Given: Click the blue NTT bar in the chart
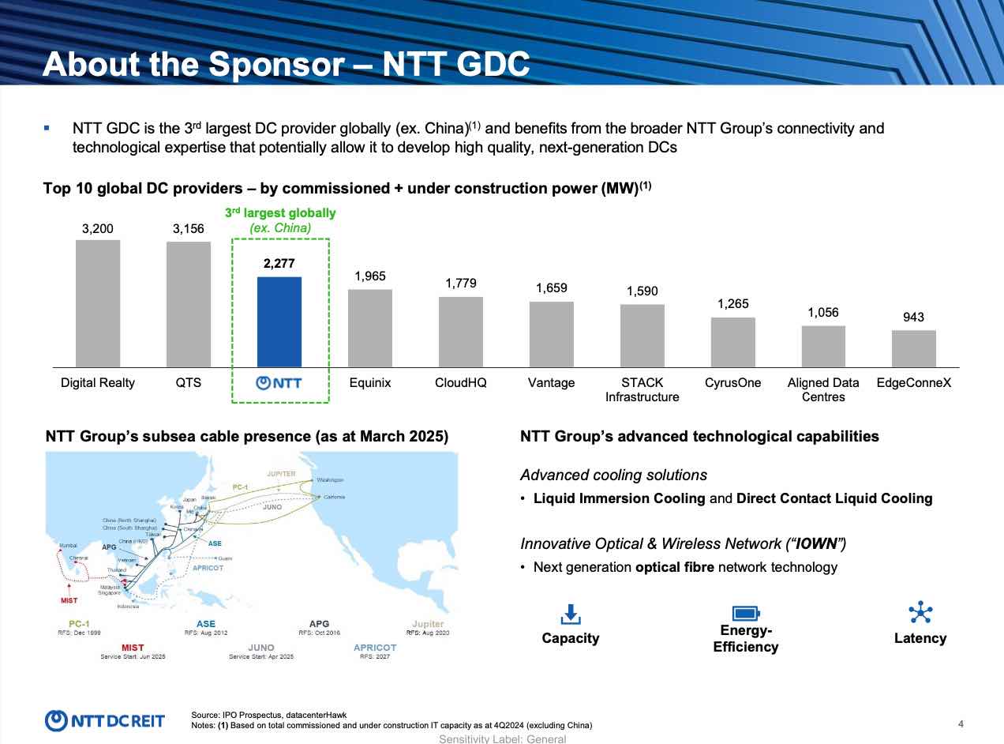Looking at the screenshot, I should tap(279, 321).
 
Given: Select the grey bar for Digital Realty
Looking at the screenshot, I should tap(98, 303).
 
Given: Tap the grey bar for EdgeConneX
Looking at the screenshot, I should tap(914, 348).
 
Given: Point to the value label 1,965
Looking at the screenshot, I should tap(370, 276).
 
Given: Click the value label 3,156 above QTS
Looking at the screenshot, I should tap(188, 229).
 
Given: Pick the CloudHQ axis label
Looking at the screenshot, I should tap(461, 383).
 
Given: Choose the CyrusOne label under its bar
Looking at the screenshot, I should tap(732, 383).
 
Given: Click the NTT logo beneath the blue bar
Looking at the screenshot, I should tap(279, 384).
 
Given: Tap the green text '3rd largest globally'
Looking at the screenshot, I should tap(280, 213).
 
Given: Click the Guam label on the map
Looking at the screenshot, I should tap(225, 558).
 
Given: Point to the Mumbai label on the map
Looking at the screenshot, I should tap(69, 545).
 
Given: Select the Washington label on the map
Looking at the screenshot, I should tap(330, 479).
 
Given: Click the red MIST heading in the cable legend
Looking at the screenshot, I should tap(133, 648).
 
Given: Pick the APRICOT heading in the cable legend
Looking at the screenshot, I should tap(375, 648).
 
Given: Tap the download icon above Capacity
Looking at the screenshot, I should tap(571, 614).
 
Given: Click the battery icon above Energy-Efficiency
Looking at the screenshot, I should tap(745, 613).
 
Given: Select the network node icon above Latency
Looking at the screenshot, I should tap(920, 612).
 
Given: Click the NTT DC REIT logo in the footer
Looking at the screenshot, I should tap(105, 720).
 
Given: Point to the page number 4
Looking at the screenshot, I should tap(961, 723).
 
